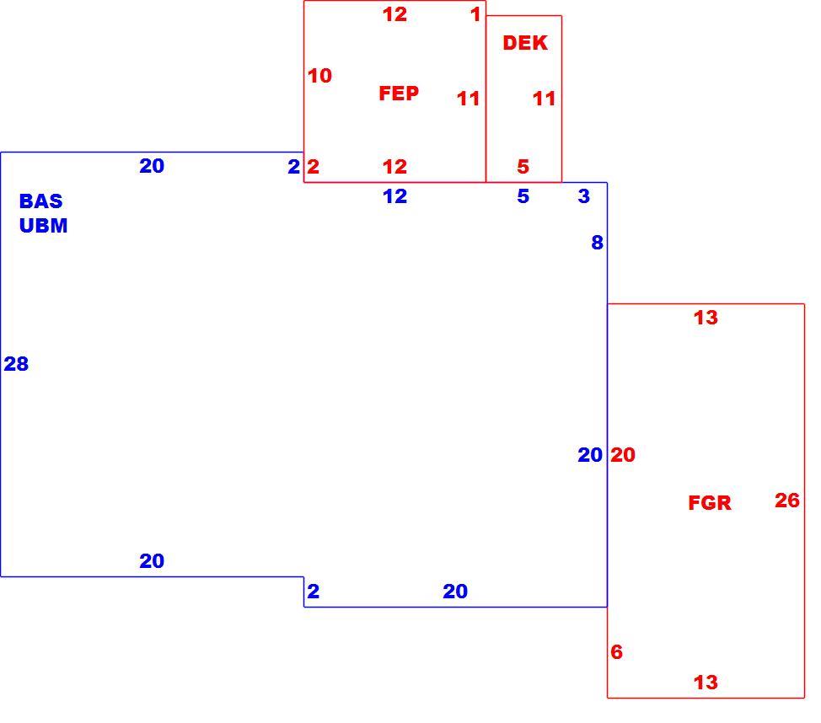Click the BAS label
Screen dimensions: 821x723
pos(40,201)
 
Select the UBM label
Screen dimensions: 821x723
pos(44,226)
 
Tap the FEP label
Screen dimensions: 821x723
pos(399,94)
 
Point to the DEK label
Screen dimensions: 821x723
pos(525,43)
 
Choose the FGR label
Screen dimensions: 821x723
pos(710,502)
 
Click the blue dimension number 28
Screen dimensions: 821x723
pos(16,364)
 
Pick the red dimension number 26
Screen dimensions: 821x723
pos(787,500)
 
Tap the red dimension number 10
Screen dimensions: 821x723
pos(319,76)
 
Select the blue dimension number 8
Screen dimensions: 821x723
pos(598,243)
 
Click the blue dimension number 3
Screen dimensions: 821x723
pos(584,196)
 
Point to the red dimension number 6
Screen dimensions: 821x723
pos(617,652)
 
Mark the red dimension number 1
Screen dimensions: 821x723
pos(475,14)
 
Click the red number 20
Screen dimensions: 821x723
pos(623,455)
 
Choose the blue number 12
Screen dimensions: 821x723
pos(394,196)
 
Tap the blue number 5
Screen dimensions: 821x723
pos(523,196)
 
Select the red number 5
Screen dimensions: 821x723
pos(523,167)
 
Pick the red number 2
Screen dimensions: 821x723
pos(313,167)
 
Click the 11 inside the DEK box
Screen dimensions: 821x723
pos(544,99)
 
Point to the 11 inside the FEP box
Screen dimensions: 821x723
pos(468,99)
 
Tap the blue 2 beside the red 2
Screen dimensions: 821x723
pos(293,167)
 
